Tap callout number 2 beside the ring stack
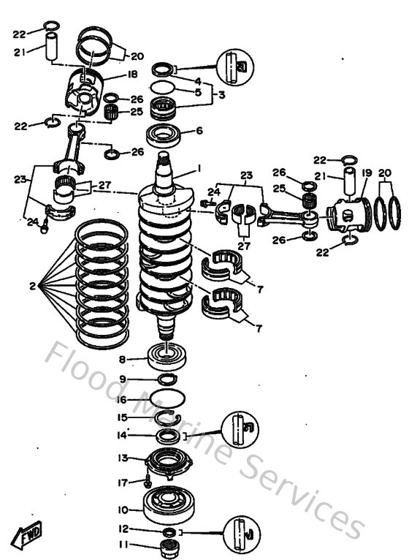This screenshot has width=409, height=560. [32, 286]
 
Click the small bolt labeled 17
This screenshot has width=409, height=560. [148, 483]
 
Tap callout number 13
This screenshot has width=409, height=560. [122, 458]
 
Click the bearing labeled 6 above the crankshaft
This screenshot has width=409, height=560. [167, 134]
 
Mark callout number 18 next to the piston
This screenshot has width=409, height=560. [133, 75]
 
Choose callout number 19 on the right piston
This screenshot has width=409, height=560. [367, 173]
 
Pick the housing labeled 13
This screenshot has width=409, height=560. [169, 463]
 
